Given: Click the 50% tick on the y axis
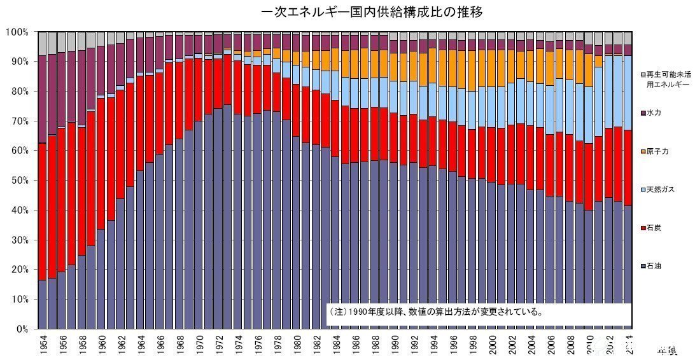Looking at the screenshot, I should tap(18, 181).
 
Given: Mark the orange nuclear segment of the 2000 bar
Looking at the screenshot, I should tap(493, 69).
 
